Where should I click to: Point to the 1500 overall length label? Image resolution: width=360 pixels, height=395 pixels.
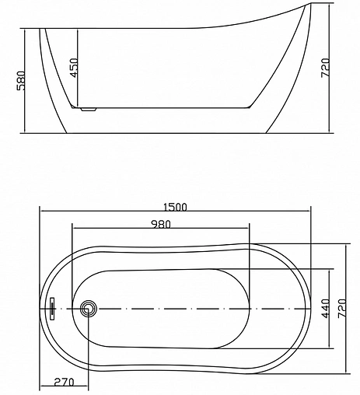[174, 207]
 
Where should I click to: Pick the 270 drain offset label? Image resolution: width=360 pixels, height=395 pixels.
[65, 382]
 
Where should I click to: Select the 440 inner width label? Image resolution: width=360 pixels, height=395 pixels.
[326, 309]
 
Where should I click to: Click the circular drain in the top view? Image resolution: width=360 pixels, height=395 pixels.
[88, 309]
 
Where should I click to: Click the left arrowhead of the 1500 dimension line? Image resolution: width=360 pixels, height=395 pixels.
[41, 212]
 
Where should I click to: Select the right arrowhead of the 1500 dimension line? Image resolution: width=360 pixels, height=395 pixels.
[309, 212]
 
